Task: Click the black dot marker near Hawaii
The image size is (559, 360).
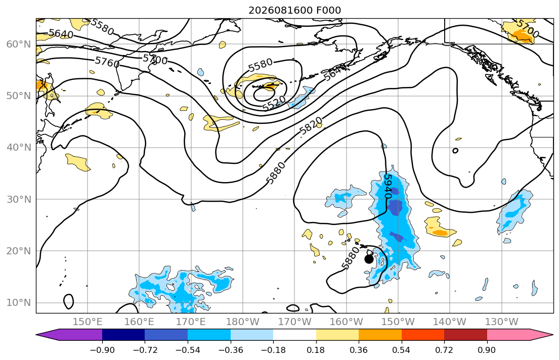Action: pos(369,259)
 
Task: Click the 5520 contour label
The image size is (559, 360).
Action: pos(274,103)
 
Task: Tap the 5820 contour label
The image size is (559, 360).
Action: pos(311,126)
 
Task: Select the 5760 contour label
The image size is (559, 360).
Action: pos(107,62)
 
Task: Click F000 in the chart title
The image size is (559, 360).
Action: pos(329,10)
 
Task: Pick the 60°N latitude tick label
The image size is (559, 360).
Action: pos(19,44)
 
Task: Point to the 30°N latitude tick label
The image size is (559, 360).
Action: pos(19,199)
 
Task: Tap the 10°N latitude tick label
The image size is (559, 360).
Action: pos(19,303)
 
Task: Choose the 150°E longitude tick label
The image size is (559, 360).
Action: pos(88,322)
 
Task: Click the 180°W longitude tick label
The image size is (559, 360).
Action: pos(243,322)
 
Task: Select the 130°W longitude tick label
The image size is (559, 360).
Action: pos(502,322)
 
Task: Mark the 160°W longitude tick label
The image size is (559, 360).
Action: pos(346,322)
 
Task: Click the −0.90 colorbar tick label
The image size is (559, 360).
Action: pos(102,350)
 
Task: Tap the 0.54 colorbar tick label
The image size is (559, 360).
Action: pos(402,350)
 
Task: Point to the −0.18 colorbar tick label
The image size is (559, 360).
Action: pos(273,350)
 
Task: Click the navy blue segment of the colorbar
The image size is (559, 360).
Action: pos(123,334)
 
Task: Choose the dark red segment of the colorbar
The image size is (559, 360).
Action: pos(465,334)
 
